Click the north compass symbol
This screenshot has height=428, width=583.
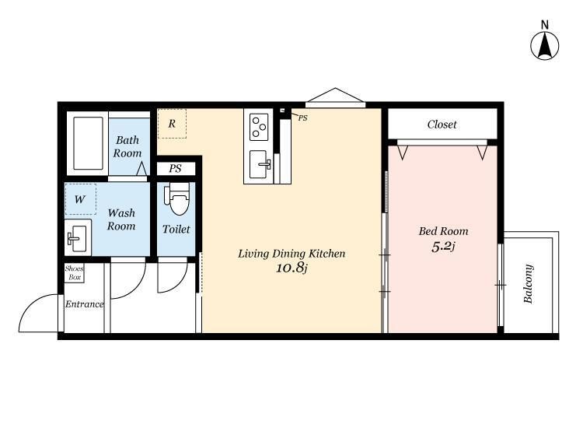[544, 45]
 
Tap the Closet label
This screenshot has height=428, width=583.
[442, 125]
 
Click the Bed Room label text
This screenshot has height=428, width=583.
[443, 231]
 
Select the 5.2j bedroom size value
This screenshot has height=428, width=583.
[443, 247]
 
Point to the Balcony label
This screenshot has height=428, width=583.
[529, 283]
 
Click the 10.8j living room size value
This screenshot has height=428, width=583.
[291, 268]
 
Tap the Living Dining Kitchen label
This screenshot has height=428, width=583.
[291, 254]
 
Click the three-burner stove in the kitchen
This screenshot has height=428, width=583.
[259, 127]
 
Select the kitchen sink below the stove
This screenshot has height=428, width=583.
[260, 164]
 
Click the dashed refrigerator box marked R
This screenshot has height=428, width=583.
[172, 124]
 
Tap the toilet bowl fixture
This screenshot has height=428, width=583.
[178, 198]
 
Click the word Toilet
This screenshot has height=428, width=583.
[176, 230]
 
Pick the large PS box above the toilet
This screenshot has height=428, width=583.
[176, 169]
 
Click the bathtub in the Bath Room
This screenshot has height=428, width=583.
[88, 143]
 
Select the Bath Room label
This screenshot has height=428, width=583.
[127, 146]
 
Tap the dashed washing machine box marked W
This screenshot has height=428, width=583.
[81, 199]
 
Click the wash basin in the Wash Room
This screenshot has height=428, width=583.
[78, 238]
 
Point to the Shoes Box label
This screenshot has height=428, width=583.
[75, 273]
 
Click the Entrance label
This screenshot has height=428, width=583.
[85, 304]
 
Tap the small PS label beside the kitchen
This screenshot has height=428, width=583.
[302, 118]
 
